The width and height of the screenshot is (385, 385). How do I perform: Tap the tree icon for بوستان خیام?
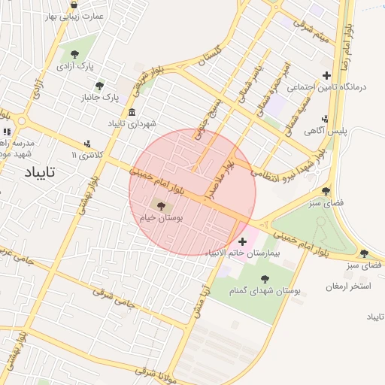tap(162, 204)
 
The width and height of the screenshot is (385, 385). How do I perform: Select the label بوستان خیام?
tap(162, 217)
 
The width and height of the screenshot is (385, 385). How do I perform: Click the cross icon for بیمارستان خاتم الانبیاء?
tap(242, 241)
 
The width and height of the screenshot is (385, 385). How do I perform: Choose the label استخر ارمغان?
tap(350, 286)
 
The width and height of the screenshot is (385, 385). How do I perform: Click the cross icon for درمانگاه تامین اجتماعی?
tap(326, 74)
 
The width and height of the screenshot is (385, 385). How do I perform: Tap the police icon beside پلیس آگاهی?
tap(325, 118)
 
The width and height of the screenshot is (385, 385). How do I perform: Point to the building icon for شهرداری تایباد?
tap(132, 112)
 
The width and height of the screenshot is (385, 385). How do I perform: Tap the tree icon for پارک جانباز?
tap(100, 85)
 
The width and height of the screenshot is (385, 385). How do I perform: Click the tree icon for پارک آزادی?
tap(74, 53)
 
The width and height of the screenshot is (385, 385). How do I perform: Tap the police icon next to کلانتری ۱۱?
tap(89, 143)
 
